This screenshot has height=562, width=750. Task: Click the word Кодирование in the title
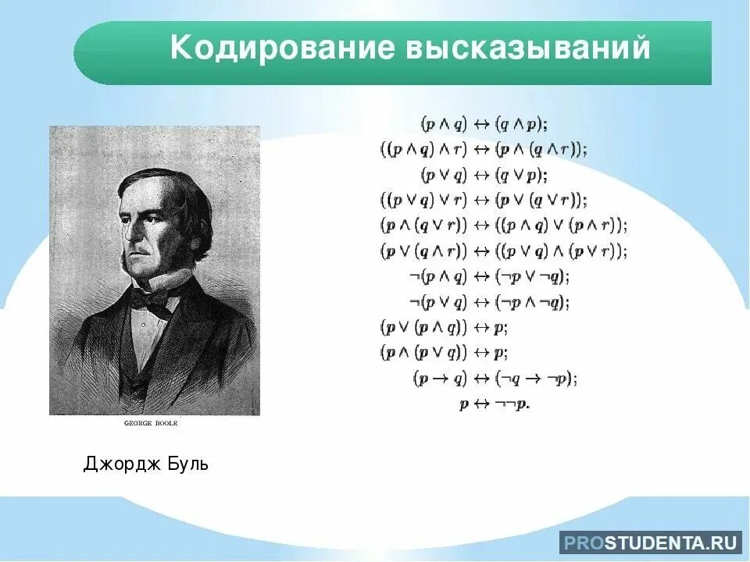pos(281,48)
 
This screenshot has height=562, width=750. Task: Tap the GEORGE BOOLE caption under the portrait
pos(152,423)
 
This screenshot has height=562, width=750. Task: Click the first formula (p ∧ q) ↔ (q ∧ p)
pos(484,123)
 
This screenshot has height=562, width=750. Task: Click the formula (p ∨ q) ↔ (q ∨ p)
pos(484,173)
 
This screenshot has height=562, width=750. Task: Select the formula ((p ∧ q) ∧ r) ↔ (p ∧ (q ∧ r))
pos(484,148)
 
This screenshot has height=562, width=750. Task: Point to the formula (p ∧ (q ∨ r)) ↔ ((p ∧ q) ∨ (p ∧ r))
pos(504,226)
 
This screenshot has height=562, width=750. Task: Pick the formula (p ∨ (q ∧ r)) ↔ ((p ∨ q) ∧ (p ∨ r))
pos(504,251)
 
